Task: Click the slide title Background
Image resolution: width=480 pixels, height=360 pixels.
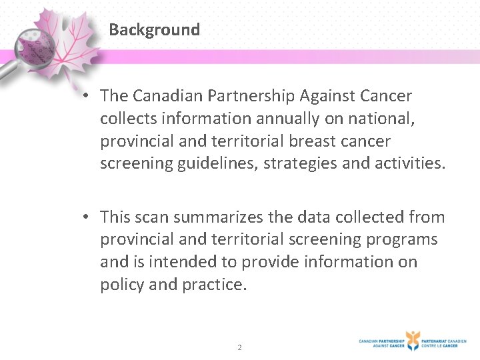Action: pos(154,30)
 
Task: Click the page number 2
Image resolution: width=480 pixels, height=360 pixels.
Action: pos(240,347)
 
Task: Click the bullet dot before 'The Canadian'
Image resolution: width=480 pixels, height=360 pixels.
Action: pos(87,96)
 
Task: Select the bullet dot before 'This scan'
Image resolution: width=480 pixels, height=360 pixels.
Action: pos(87,217)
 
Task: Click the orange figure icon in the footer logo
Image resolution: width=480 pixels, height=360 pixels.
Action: pos(413,340)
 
